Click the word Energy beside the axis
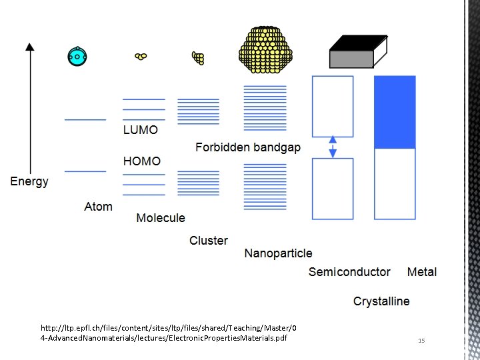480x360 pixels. (x=29, y=181)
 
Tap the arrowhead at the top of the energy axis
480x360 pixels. (x=29, y=47)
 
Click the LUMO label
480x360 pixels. (x=141, y=131)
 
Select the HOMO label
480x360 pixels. (x=141, y=161)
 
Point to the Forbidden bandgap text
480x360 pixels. (x=247, y=147)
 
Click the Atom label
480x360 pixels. (x=98, y=207)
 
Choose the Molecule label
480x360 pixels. (x=161, y=218)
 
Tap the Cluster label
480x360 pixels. (x=208, y=241)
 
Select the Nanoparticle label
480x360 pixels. (x=278, y=253)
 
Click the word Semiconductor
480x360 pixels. (x=349, y=272)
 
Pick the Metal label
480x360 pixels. (x=422, y=272)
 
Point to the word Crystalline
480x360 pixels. (x=381, y=301)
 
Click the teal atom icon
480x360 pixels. (x=77, y=57)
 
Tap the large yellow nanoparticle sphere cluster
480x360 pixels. (x=265, y=49)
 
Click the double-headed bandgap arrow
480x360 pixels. (x=333, y=147)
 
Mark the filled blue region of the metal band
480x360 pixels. (x=395, y=112)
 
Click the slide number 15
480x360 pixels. (x=421, y=341)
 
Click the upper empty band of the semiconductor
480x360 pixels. (x=333, y=107)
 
